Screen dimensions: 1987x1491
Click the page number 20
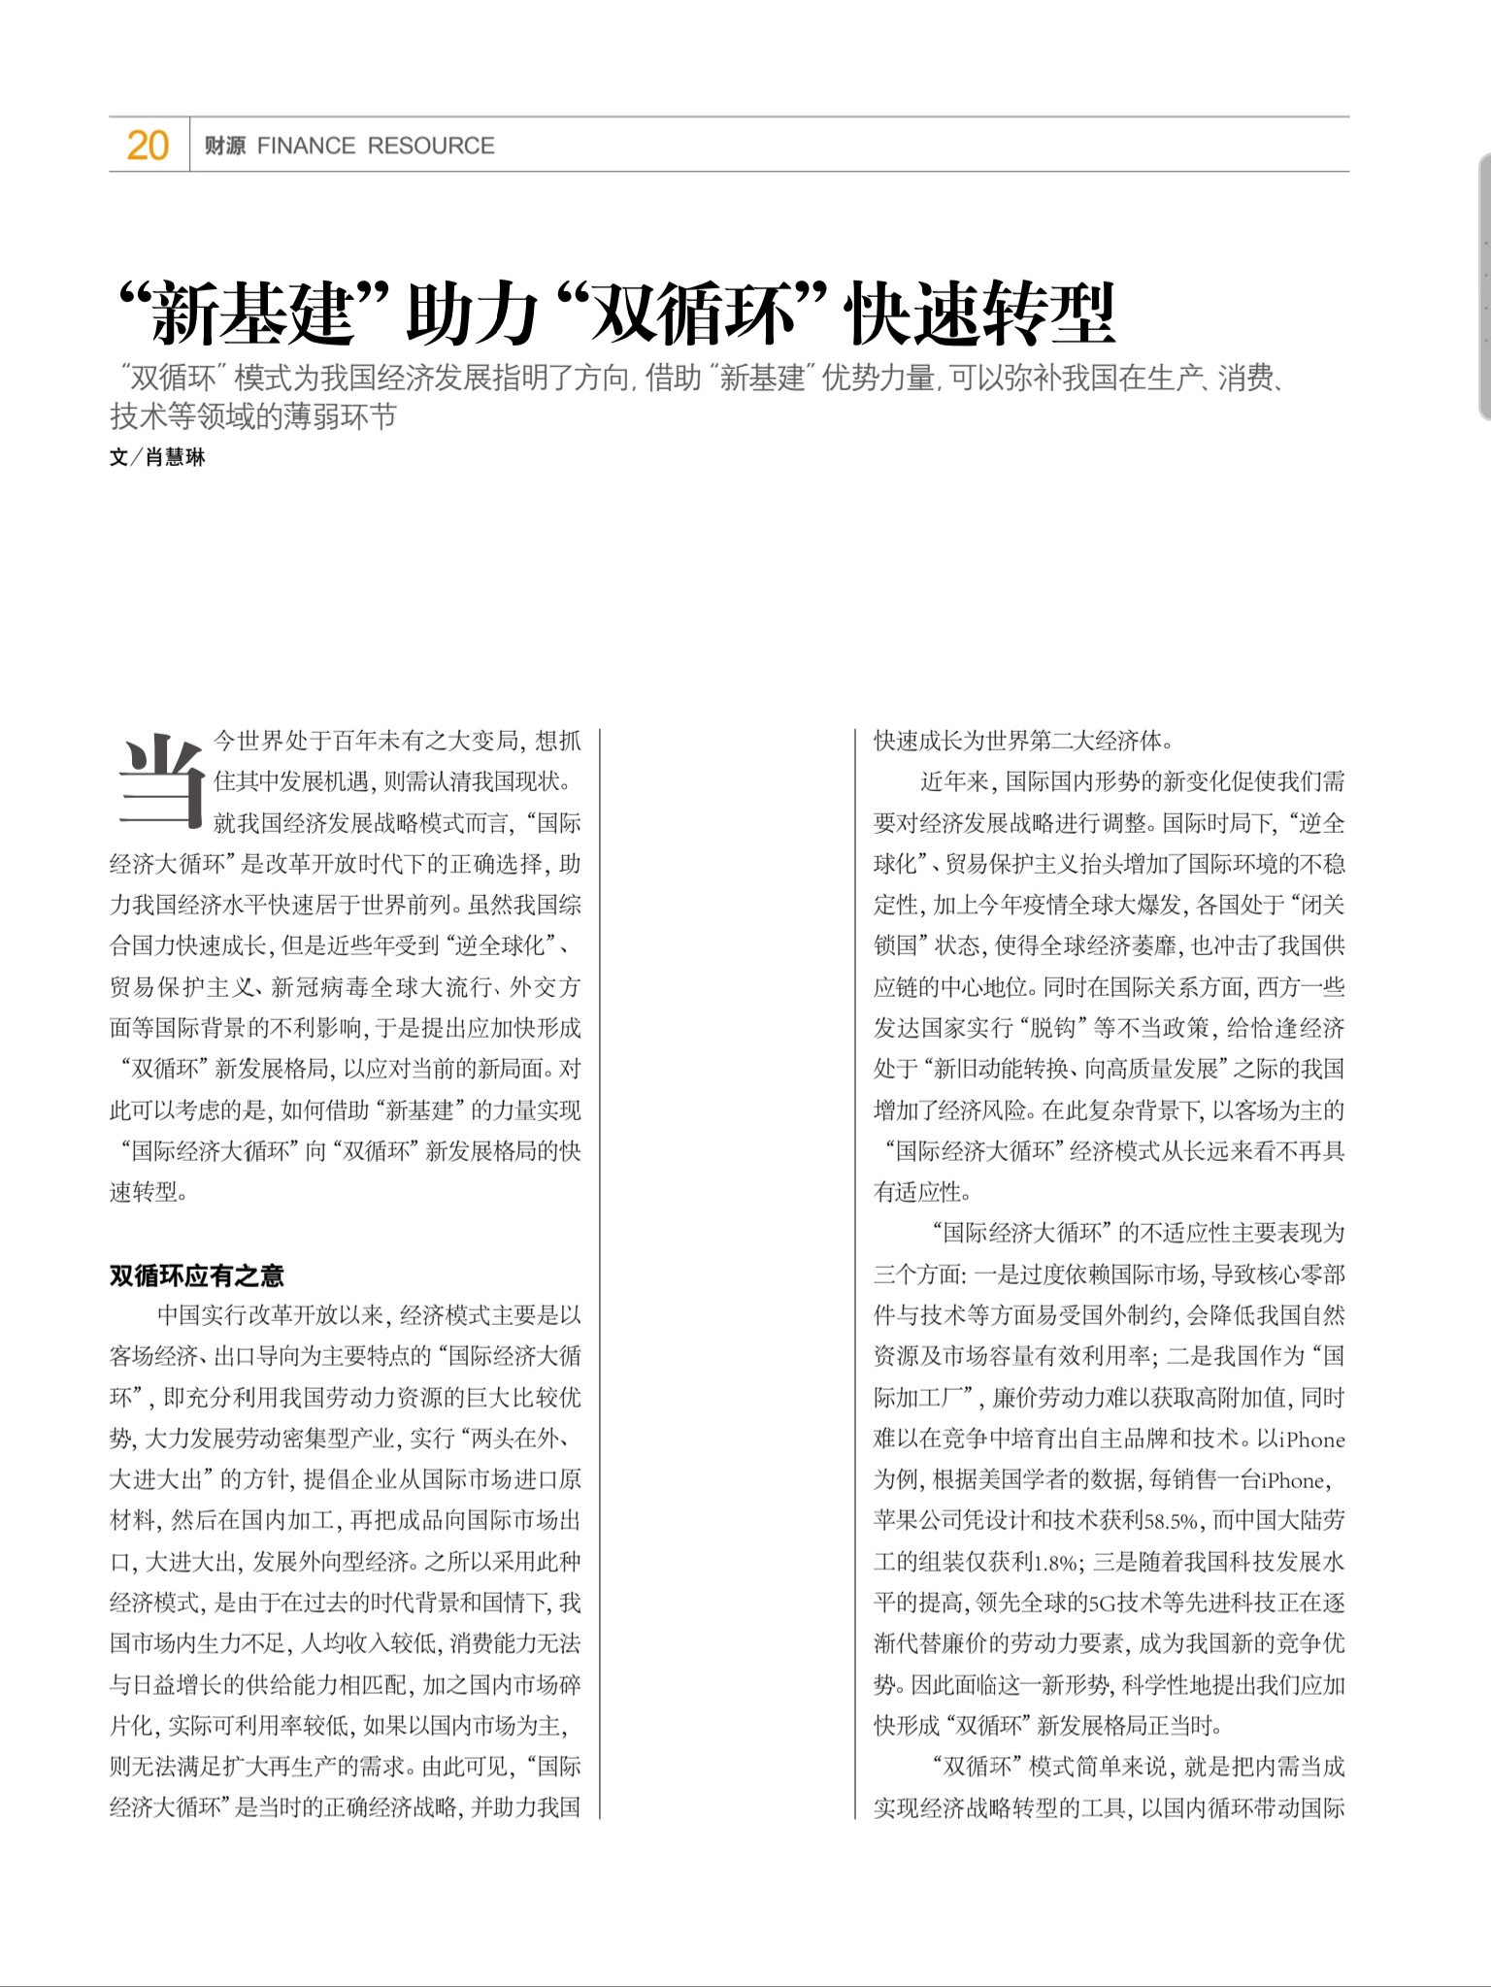tap(148, 146)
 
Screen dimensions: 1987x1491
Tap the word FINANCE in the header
tap(306, 146)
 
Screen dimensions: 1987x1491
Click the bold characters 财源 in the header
tap(225, 146)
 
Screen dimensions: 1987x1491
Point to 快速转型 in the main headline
tap(980, 314)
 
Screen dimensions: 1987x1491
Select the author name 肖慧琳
tap(176, 457)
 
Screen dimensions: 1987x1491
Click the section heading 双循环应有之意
tap(196, 1275)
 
